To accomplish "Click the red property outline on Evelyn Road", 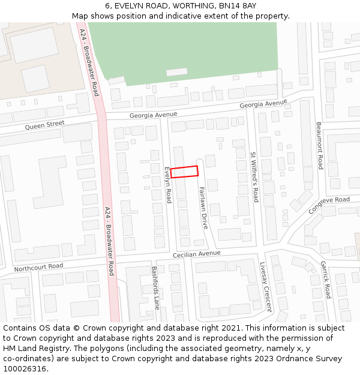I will pyautogui.click(x=184, y=172).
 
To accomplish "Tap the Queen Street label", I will pyautogui.click(x=44, y=125).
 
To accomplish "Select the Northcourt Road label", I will pyautogui.click(x=38, y=266).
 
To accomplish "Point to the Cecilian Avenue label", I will pyautogui.click(x=197, y=254).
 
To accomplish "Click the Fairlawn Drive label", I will pyautogui.click(x=203, y=208).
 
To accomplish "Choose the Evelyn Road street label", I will pyautogui.click(x=169, y=185).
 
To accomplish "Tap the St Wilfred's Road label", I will pyautogui.click(x=254, y=176).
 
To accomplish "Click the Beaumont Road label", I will pyautogui.click(x=320, y=146).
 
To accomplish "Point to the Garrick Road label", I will pyautogui.click(x=325, y=280).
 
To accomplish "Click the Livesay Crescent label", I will pyautogui.click(x=266, y=287).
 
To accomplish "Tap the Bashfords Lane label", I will pyautogui.click(x=155, y=287).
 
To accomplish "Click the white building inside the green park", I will pyautogui.click(x=176, y=72).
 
